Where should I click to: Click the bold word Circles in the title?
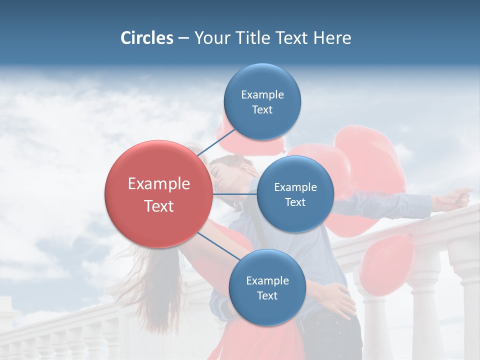146,38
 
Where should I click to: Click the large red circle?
158,194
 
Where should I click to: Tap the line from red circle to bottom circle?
218,247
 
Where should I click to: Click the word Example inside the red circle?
159,184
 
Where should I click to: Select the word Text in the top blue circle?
262,110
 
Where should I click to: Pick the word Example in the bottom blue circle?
267,281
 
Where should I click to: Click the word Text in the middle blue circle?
295,202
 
